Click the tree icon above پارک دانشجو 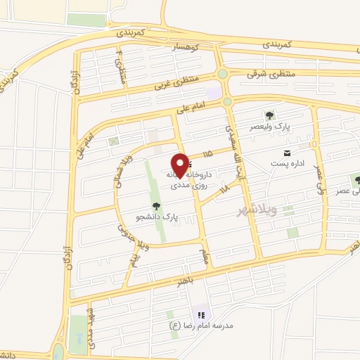(155, 206)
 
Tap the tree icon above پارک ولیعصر (268, 115)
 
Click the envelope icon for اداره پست (286, 153)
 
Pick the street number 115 (206, 153)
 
